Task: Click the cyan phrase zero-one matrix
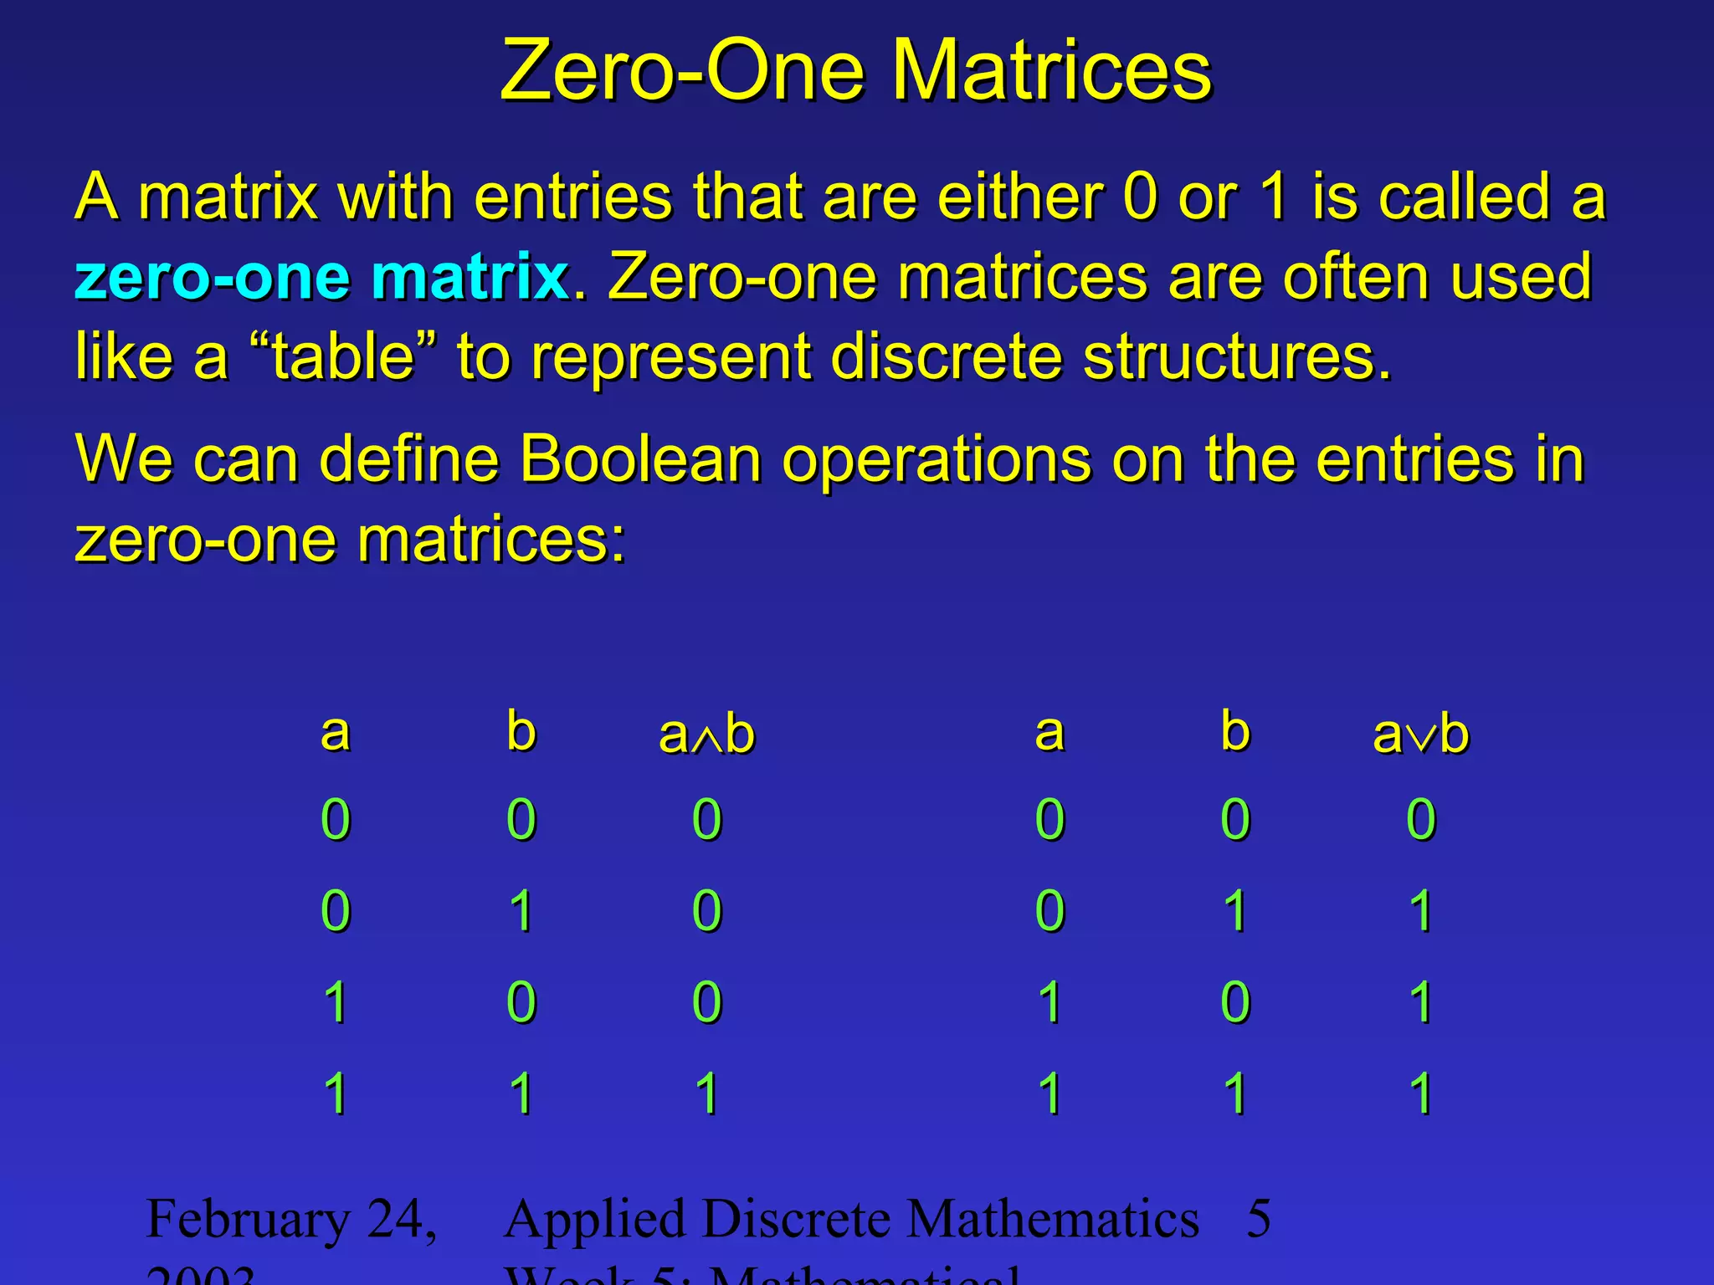pos(321,277)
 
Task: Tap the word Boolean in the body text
pos(640,459)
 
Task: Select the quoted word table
pos(343,356)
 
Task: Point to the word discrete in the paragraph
pos(946,356)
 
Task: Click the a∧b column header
pos(706,735)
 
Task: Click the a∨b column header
pos(1420,735)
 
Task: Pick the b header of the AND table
pos(521,731)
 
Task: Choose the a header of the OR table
pos(1049,733)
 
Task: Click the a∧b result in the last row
pos(706,1093)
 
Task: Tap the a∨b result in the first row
pos(1420,819)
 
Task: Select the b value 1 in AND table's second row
pos(521,911)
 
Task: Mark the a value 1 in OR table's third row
pos(1049,1002)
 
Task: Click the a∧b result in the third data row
pos(706,1002)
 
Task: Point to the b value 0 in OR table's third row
pos(1235,1002)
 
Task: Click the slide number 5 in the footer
pos(1259,1219)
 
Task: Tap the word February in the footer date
pos(248,1220)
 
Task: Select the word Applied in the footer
pos(593,1220)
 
